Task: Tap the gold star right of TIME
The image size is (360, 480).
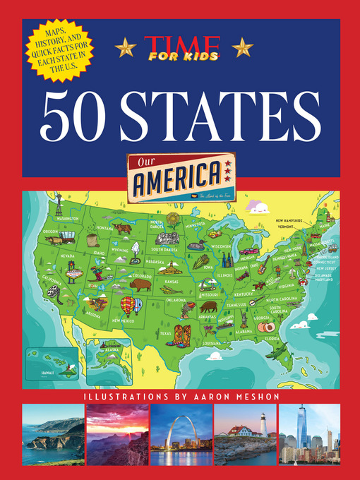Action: click(241, 47)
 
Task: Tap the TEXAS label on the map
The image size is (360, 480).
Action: click(166, 332)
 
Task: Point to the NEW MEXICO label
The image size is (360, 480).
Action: click(124, 320)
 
